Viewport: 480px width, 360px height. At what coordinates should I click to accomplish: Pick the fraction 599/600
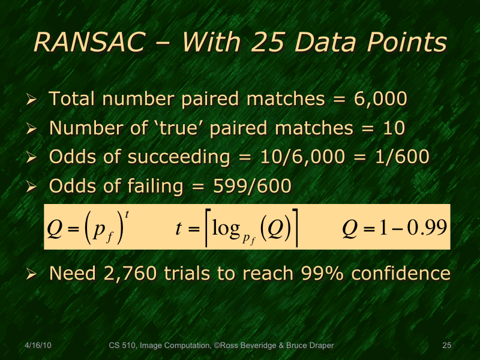pos(253,187)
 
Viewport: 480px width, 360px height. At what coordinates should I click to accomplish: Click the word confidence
pos(401,274)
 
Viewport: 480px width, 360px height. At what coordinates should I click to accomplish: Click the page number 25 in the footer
pos(446,346)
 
